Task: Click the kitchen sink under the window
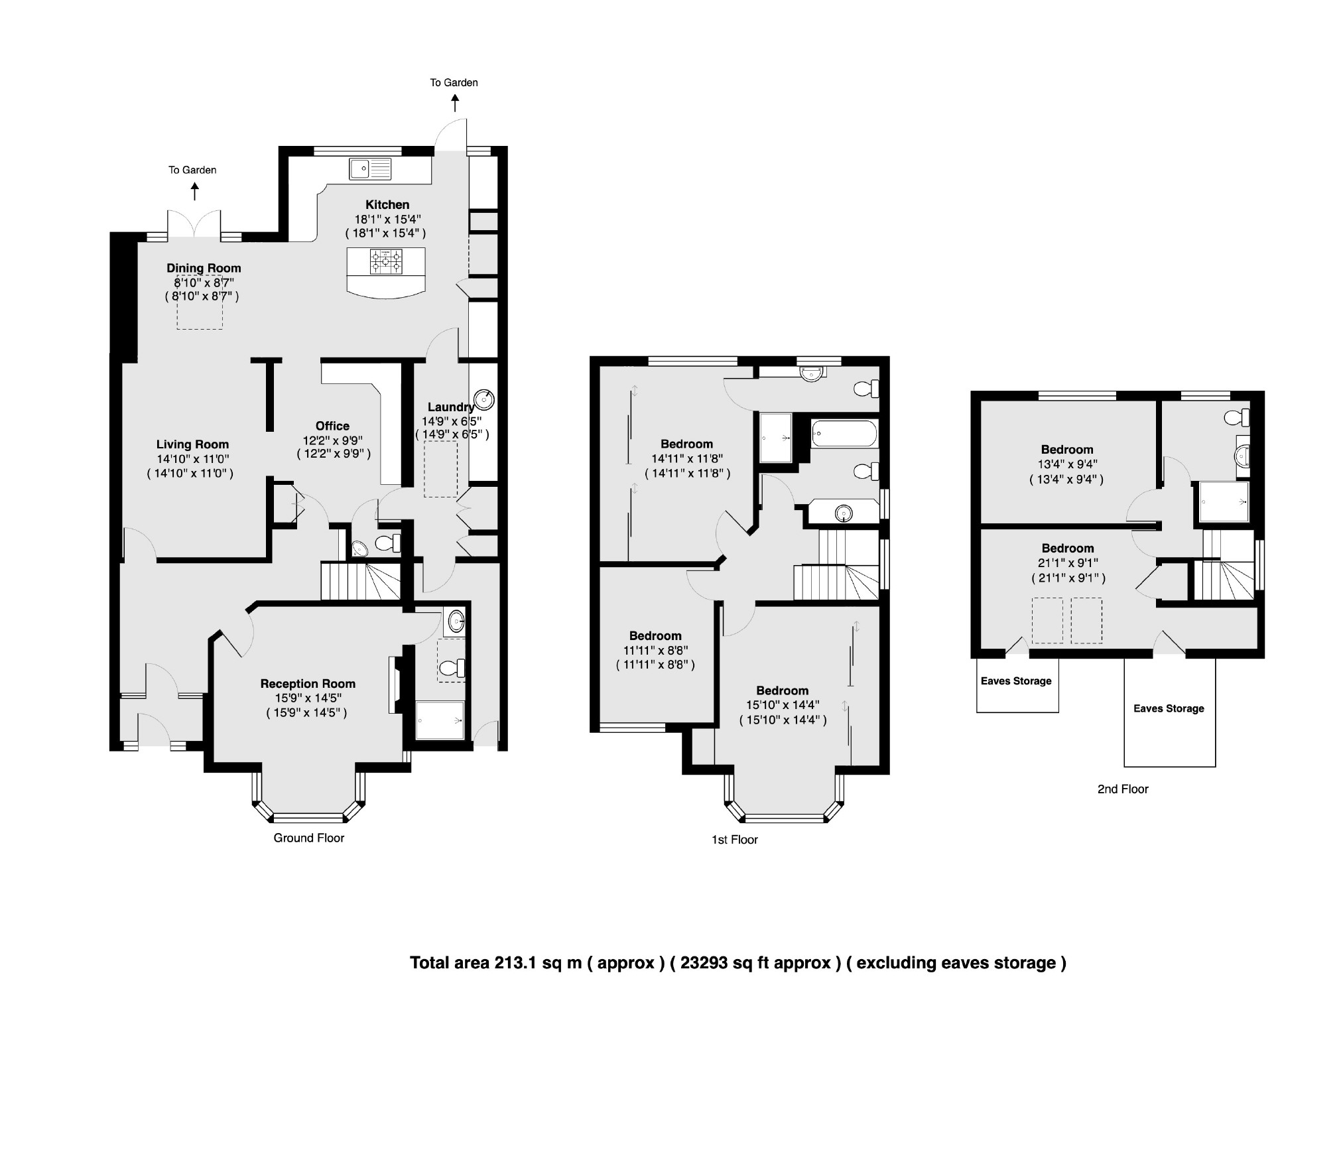point(370,168)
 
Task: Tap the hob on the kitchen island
point(386,261)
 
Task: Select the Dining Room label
point(204,268)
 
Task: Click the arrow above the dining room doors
point(194,192)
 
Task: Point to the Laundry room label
point(450,407)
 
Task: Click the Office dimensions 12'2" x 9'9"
point(332,440)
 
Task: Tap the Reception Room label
point(308,684)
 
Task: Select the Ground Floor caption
point(309,838)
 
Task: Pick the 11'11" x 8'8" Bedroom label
point(655,636)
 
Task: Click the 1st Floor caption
point(734,840)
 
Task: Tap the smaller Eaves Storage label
point(1016,681)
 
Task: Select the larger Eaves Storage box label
point(1169,708)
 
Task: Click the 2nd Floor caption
point(1122,789)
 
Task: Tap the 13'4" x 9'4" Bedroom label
point(1066,450)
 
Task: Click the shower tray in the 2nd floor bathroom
point(1224,502)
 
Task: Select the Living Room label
point(192,444)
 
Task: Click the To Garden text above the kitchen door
point(454,83)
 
